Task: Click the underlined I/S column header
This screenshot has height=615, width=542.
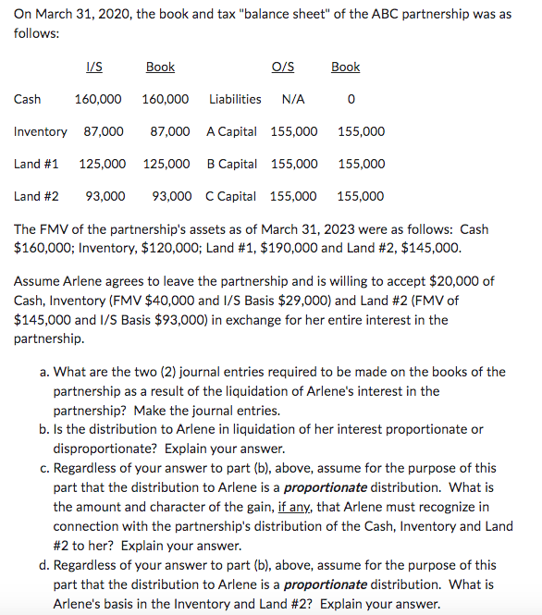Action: [x=93, y=67]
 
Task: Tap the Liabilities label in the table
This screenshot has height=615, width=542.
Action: [x=235, y=99]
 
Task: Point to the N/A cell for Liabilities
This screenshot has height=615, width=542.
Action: [x=293, y=99]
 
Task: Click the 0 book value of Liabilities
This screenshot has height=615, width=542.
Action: [x=351, y=99]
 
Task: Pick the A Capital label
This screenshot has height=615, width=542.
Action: [x=231, y=131]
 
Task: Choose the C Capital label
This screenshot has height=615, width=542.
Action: [x=230, y=196]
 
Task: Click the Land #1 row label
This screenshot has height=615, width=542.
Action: [x=36, y=164]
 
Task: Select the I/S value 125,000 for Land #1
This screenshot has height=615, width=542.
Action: [x=102, y=164]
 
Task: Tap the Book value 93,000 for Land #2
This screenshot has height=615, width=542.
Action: [x=172, y=196]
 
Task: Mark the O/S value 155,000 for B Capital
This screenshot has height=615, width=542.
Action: [x=293, y=164]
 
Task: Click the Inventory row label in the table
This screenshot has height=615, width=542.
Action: [x=41, y=131]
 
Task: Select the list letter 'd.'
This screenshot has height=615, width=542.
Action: [x=44, y=565]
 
